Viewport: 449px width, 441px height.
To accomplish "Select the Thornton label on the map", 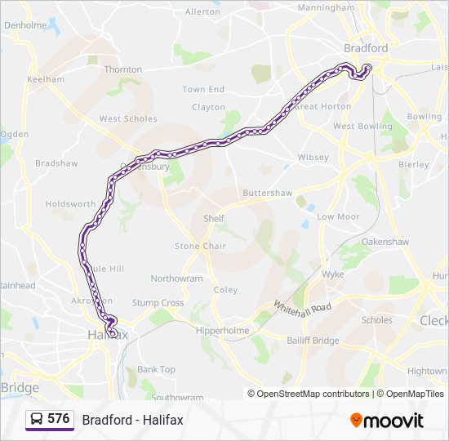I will click(x=123, y=70).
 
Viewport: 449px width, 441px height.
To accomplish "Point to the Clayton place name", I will click(x=208, y=107).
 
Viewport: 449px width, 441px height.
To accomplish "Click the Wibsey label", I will click(x=313, y=157).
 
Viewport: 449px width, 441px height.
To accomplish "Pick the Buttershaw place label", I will click(x=267, y=193).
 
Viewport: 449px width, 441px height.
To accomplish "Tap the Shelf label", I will click(x=214, y=219).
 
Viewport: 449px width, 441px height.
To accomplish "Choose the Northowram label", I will click(x=176, y=278).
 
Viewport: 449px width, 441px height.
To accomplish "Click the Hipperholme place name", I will click(x=222, y=331).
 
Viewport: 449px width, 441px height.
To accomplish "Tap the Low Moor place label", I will click(x=338, y=216).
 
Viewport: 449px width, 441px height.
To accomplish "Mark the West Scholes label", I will click(x=128, y=118).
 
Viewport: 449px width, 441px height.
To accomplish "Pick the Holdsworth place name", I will click(x=70, y=203).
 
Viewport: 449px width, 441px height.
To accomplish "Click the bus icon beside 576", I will click(x=37, y=419).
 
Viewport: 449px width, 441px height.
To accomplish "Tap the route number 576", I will click(x=59, y=419).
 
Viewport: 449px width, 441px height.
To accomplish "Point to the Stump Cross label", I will click(x=158, y=302).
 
